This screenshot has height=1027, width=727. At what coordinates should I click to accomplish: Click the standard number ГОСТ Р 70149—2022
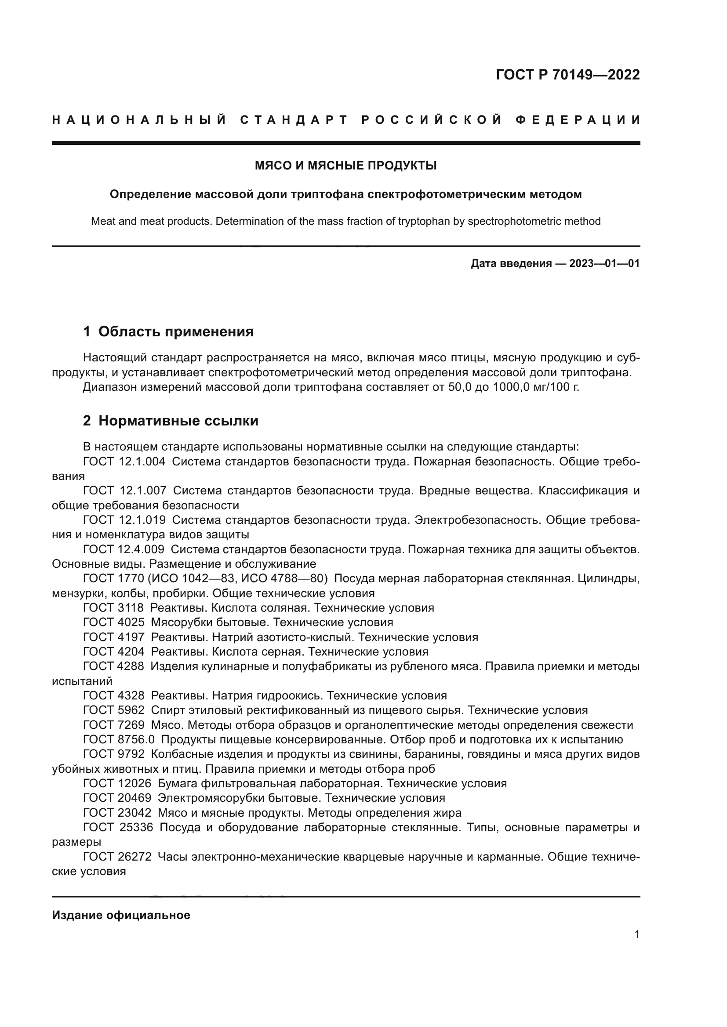[567, 75]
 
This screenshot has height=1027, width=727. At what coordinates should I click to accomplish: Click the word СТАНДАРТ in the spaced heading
[294, 120]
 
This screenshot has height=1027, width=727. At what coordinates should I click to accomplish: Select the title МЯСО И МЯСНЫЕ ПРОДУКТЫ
[345, 166]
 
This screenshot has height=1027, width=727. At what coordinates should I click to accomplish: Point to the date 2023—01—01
[604, 263]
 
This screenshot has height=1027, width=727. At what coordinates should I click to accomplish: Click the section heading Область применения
[175, 332]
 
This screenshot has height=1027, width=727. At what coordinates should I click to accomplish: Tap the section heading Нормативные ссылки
[178, 421]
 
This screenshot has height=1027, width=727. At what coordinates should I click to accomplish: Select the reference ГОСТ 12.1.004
[124, 461]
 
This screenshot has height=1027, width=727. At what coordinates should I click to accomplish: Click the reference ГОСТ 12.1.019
[124, 520]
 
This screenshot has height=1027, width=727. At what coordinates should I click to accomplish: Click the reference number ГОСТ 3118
[113, 608]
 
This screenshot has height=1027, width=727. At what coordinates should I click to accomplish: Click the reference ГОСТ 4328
[114, 695]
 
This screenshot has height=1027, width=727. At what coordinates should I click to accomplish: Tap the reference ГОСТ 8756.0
[119, 739]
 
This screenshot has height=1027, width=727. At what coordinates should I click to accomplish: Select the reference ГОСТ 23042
[117, 813]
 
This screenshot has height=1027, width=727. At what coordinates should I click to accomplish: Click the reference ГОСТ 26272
[117, 857]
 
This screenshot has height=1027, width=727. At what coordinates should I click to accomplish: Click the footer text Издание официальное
[121, 915]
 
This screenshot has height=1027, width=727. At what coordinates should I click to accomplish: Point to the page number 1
[636, 934]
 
